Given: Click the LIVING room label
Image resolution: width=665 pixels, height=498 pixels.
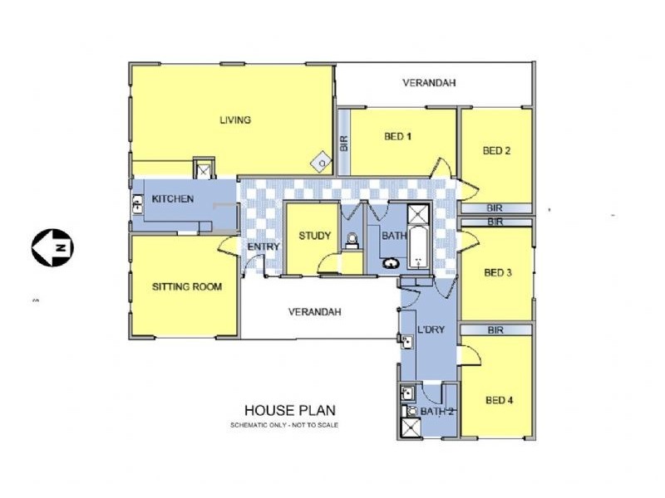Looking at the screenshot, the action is [x=235, y=120].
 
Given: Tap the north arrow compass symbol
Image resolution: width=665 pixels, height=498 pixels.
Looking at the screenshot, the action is [x=52, y=247].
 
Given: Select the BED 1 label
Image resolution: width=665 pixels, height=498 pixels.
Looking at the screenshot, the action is [x=397, y=136].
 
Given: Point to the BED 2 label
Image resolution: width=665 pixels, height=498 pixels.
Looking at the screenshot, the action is [x=496, y=150].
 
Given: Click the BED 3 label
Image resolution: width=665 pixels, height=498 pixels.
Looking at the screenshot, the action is [x=498, y=272].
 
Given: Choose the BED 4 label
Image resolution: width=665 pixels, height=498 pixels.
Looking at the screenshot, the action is [x=500, y=400].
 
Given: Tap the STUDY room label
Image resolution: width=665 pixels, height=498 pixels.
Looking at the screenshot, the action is [x=315, y=236].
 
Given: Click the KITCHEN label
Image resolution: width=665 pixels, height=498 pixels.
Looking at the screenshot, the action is [x=173, y=198].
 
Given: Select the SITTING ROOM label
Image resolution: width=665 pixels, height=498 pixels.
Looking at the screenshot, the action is [x=187, y=286].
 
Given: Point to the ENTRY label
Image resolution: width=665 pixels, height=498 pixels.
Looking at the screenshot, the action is [x=264, y=247].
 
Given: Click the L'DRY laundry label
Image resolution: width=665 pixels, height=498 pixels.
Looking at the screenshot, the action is [x=431, y=330].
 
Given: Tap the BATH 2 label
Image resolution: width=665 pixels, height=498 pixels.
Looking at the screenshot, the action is [x=437, y=411].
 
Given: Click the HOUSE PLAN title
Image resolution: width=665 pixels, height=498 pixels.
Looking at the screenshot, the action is [x=290, y=410].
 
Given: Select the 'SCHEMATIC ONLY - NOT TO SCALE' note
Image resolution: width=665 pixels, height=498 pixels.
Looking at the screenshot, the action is [x=284, y=425].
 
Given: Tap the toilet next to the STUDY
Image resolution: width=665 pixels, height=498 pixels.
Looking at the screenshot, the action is [x=352, y=240].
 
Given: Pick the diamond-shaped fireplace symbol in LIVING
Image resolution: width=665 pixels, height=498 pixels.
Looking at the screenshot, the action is [x=322, y=163].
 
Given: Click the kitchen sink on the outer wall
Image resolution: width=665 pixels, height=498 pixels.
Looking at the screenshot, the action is [x=138, y=204].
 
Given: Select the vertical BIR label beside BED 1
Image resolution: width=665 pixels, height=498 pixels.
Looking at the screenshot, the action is [x=344, y=143].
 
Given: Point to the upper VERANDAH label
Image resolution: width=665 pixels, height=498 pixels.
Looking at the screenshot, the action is [x=429, y=82].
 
